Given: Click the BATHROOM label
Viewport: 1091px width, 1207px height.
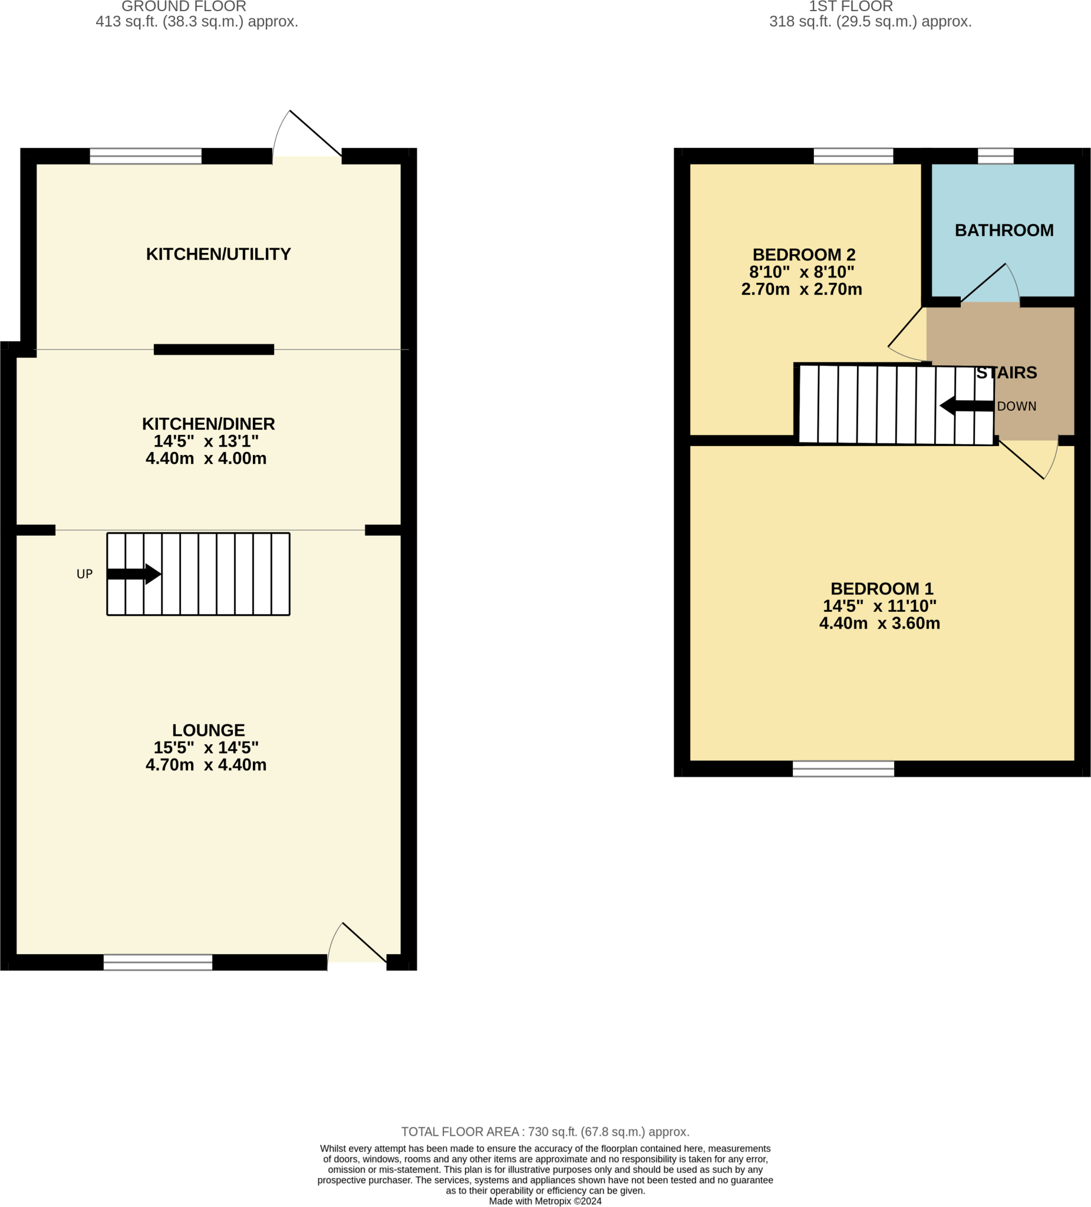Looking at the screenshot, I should pos(1004,230).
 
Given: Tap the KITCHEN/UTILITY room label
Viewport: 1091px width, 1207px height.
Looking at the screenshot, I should pos(218,254).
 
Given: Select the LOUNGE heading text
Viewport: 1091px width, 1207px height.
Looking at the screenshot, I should pos(209,730).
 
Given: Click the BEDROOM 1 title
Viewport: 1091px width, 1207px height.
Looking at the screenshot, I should pos(881,589).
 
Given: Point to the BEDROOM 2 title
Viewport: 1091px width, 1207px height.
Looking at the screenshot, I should pos(803,255).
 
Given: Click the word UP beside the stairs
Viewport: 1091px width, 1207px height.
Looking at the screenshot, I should pos(84,574).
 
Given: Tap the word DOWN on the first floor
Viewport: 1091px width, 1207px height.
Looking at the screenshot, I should pos(1016,407).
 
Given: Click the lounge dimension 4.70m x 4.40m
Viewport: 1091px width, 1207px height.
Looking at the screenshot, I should pos(206,764).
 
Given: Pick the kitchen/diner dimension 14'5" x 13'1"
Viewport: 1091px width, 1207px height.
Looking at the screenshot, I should pos(206,441).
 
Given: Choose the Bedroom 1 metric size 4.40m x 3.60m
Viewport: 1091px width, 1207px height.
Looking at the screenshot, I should pos(879,624).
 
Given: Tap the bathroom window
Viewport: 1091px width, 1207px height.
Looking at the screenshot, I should pos(995,156).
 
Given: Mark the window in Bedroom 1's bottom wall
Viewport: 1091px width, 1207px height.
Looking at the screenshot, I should pos(842,769).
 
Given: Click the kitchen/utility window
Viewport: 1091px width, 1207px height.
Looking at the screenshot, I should pos(146,156).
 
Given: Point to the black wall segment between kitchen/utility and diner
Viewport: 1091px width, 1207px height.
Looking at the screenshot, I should pos(214,349).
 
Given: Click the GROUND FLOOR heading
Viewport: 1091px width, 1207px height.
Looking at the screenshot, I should pos(184,6).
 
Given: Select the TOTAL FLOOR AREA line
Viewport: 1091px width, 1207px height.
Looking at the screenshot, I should pos(545,1132).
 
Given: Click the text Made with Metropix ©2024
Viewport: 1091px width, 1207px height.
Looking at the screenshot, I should pos(545,1201).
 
